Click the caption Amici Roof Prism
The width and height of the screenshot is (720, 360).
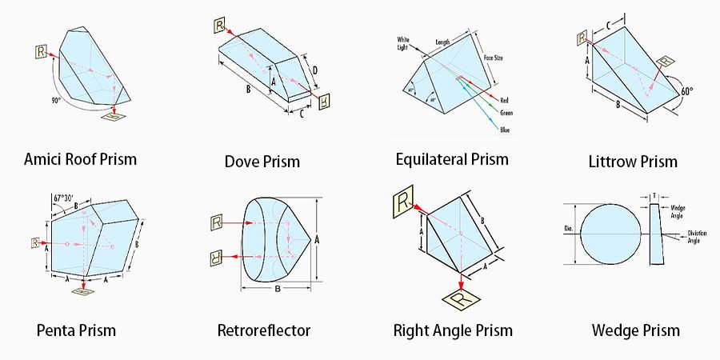(x=80, y=158)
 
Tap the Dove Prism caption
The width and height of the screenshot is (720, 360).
(x=262, y=162)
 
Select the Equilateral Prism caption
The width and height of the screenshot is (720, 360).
(x=452, y=158)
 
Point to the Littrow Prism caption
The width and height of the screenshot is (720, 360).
(x=632, y=162)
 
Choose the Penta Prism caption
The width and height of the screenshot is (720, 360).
(x=76, y=330)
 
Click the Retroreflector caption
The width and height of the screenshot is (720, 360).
(x=263, y=330)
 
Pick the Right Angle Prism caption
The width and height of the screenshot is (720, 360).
(x=453, y=330)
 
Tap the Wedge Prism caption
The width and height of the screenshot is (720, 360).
(x=635, y=330)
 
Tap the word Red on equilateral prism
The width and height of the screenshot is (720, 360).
(x=504, y=100)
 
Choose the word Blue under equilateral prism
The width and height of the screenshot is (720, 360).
(x=504, y=129)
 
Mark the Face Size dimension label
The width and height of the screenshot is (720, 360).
(x=494, y=58)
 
